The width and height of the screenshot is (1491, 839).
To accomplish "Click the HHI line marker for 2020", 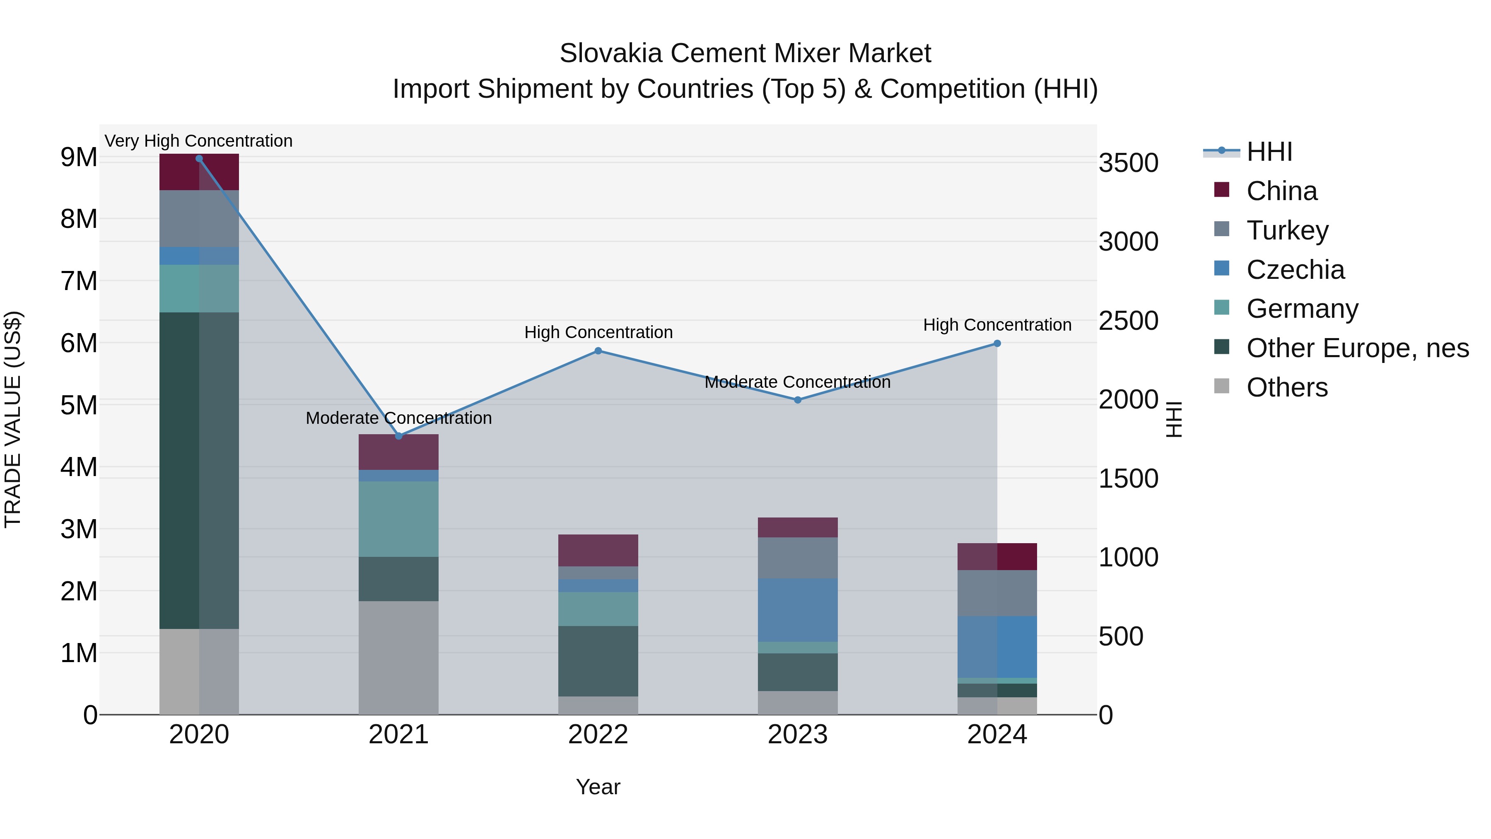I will click(199, 159).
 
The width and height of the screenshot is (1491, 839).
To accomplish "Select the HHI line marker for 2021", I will click(399, 436).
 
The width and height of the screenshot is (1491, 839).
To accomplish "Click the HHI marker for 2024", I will click(997, 344).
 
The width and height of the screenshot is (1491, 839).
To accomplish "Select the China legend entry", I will click(1281, 191).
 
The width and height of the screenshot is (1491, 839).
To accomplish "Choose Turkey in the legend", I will click(1287, 230).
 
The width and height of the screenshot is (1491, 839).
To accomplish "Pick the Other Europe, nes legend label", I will click(1357, 348).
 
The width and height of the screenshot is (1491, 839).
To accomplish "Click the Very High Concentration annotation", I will click(198, 141).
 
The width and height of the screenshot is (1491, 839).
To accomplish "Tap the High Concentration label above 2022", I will click(598, 332).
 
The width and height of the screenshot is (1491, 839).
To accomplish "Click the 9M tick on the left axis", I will click(79, 157).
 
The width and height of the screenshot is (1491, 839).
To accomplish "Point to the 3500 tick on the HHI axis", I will click(1129, 163).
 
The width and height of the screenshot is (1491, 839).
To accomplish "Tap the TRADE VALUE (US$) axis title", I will click(13, 419).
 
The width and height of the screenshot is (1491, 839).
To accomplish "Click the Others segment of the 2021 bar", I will click(399, 658).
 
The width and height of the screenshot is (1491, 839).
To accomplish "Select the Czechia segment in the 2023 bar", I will click(798, 610).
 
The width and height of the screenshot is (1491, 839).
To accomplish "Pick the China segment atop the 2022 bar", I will click(598, 551).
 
